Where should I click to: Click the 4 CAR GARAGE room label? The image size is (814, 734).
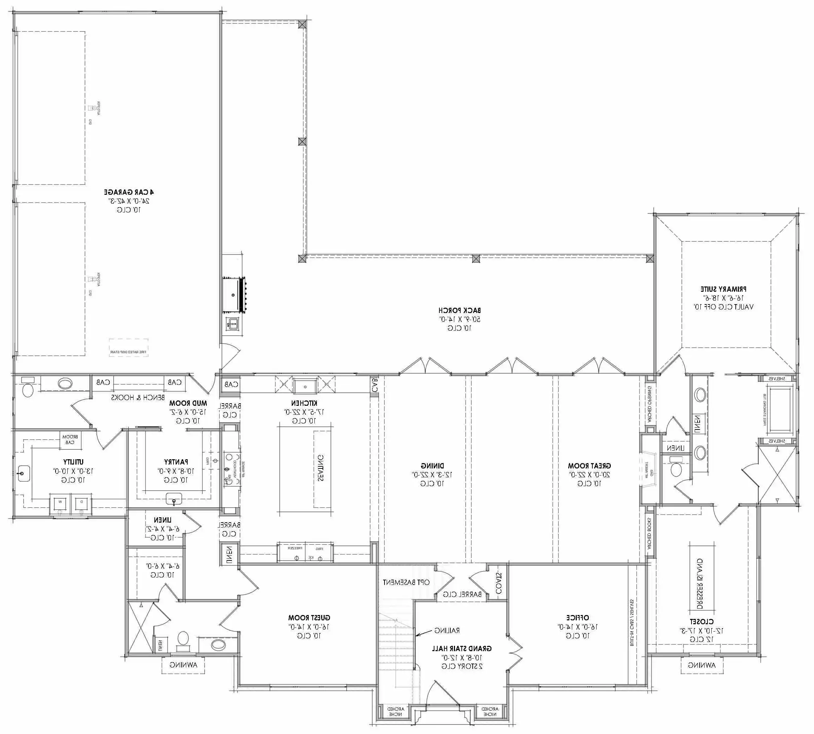coord(129,192)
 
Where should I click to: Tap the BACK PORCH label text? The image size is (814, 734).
coord(460,310)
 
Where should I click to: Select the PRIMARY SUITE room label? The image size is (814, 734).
coord(723,289)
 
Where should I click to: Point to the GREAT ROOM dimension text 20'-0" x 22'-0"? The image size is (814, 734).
coord(589,475)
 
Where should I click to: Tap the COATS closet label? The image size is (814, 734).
coord(498,583)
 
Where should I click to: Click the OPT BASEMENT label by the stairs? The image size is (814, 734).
coord(406,582)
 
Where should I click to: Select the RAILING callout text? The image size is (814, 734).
coord(447,630)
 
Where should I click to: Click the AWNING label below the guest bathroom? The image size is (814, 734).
coord(183,665)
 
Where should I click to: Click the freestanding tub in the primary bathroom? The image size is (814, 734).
coord(780,410)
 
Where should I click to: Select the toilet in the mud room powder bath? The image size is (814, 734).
coord(27,390)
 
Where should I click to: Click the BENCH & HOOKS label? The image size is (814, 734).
coord(138,398)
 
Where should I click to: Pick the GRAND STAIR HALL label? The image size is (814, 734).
coord(462,649)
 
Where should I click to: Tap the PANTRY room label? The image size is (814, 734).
coord(176,462)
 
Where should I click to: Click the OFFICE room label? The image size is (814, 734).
coord(577,618)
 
